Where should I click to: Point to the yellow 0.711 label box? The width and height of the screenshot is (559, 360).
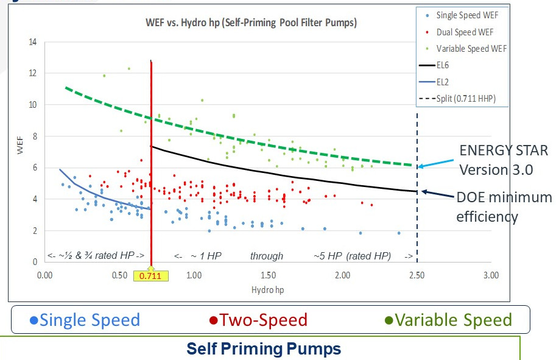(x=150, y=276)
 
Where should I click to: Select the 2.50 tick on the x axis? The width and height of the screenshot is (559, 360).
(x=417, y=276)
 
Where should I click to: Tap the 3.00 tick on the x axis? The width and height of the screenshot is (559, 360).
(x=491, y=276)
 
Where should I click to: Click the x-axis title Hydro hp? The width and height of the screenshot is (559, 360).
(x=267, y=290)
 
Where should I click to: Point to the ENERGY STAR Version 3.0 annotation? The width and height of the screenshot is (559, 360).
(x=503, y=160)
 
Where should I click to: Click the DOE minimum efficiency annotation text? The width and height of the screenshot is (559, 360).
(x=504, y=206)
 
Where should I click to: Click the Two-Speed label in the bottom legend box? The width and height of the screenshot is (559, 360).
(x=258, y=320)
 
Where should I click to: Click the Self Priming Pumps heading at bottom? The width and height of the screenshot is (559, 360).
(x=263, y=349)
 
